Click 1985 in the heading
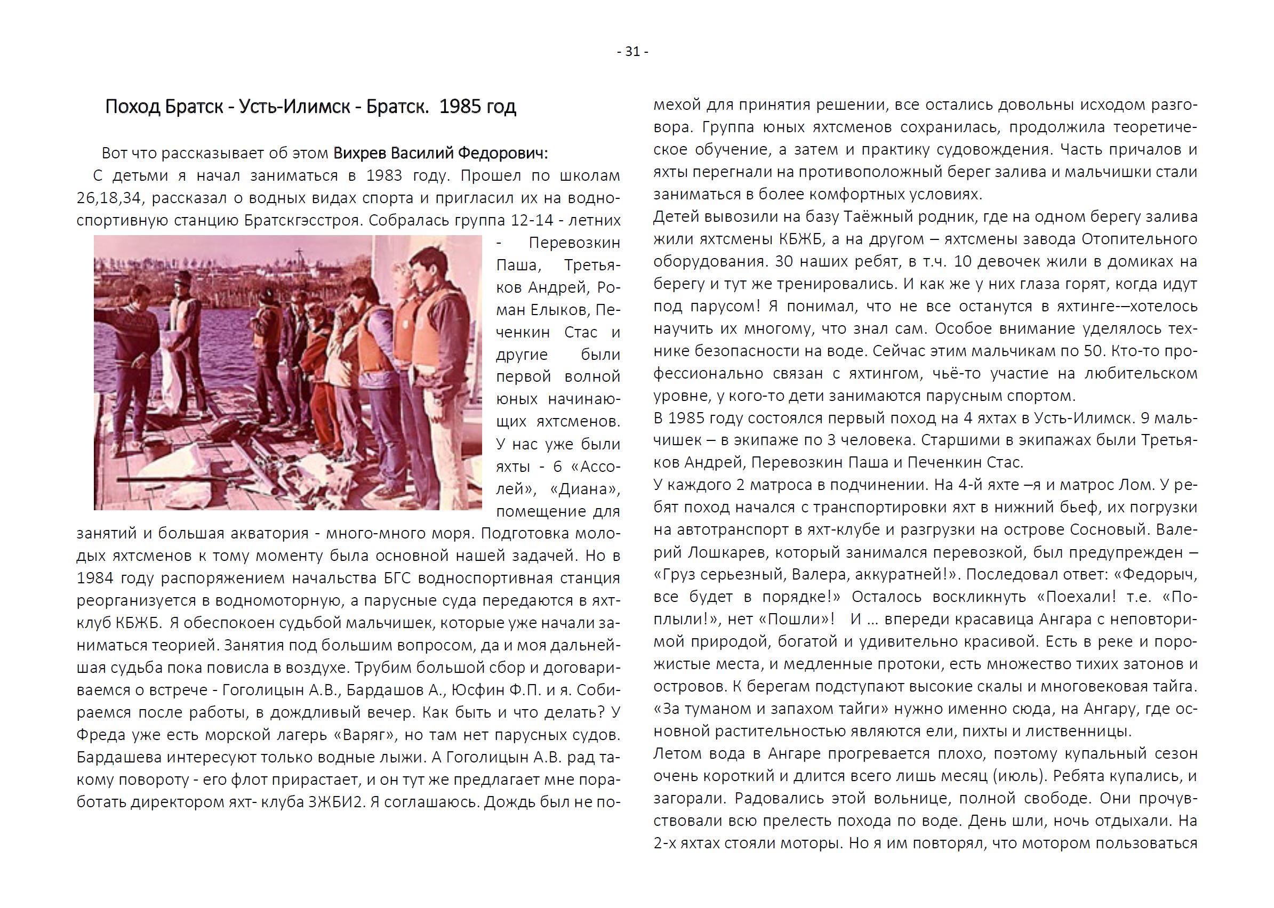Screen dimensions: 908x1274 click(461, 106)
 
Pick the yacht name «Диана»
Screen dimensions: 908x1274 click(585, 489)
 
